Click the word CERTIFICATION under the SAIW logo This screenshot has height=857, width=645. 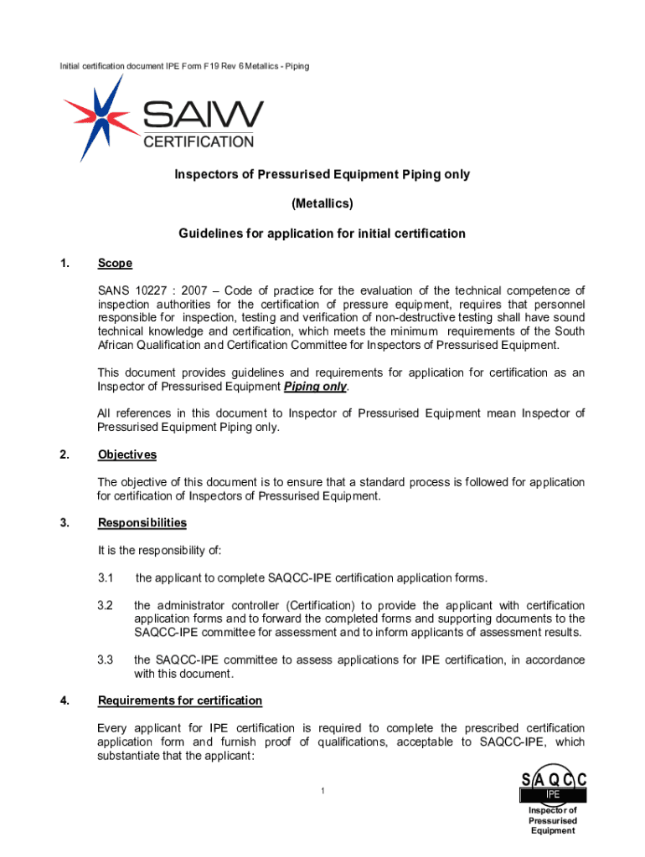[199, 142]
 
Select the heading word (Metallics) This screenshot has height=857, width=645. [322, 203]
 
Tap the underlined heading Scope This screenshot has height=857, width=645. [115, 263]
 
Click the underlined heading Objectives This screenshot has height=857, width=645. [126, 454]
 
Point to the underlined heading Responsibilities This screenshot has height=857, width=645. [142, 522]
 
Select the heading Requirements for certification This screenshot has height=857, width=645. [179, 700]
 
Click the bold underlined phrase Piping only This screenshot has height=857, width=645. [314, 386]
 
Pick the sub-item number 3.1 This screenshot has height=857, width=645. [106, 577]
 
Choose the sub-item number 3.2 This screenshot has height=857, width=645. [106, 605]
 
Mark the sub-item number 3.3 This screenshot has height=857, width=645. [106, 659]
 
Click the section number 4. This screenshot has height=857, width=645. [64, 700]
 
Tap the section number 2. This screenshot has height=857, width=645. [64, 454]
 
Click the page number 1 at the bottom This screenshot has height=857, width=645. [322, 791]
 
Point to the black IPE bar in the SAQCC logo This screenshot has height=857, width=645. [553, 793]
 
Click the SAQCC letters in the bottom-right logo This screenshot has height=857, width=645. [553, 780]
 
